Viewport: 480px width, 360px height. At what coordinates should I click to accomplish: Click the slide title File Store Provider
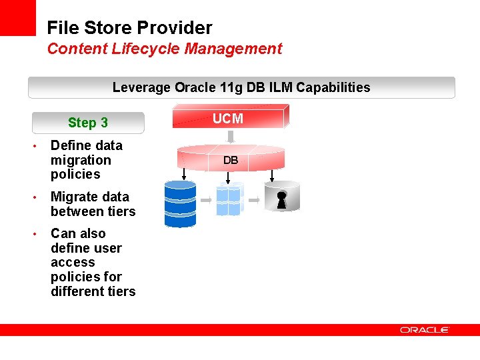tap(129, 28)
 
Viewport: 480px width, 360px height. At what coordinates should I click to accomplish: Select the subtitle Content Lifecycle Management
tap(164, 49)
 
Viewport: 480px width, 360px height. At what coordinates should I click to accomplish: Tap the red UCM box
tap(228, 119)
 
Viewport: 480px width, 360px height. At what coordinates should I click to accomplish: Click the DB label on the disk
tap(231, 161)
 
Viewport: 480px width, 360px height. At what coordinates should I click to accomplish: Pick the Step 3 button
tap(88, 123)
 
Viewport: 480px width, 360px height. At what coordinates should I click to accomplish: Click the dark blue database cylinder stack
tap(180, 204)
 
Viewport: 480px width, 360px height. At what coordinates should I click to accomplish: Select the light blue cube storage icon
tap(229, 199)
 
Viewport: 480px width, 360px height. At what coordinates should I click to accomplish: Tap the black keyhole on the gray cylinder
tap(281, 201)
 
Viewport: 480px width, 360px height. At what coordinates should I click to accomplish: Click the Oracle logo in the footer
tap(425, 330)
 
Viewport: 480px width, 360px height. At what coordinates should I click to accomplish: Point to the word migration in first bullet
tap(81, 160)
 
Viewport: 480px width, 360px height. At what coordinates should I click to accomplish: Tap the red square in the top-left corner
tap(17, 17)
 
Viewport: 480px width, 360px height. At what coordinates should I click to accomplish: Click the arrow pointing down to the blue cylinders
tap(183, 172)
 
